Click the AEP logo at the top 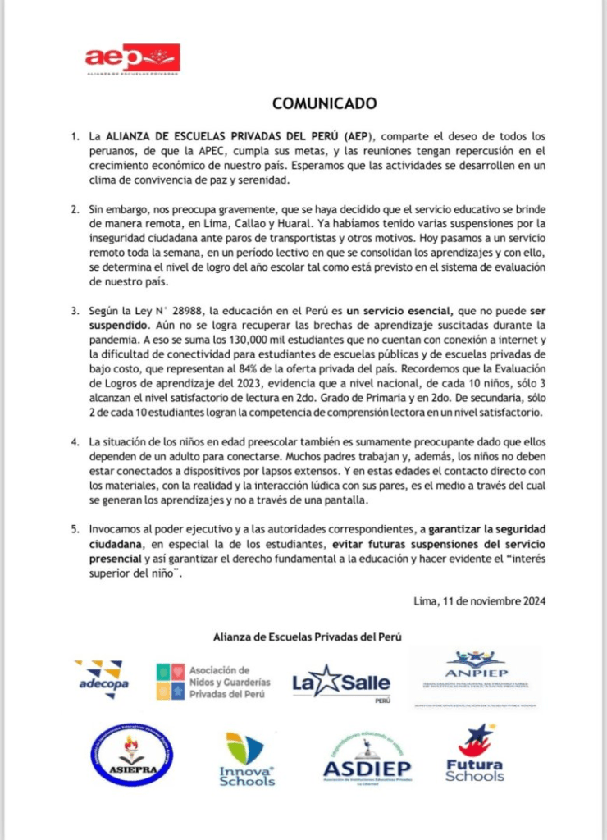click(x=132, y=59)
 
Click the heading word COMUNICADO click(x=324, y=103)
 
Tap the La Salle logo click(x=341, y=682)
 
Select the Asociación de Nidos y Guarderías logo click(x=213, y=682)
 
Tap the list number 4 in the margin click(x=74, y=443)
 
